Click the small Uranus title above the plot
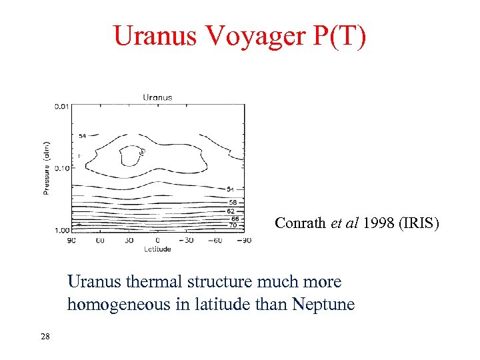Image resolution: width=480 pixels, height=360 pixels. (x=157, y=97)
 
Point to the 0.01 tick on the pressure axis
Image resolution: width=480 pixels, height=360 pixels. (x=62, y=105)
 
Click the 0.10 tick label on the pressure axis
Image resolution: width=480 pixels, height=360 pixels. (x=62, y=167)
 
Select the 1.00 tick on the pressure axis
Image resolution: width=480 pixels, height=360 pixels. (x=62, y=230)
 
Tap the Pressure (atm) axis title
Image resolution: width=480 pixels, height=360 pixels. (x=47, y=167)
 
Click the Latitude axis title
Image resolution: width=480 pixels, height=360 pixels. (x=157, y=249)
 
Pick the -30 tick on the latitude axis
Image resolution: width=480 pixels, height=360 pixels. (x=187, y=240)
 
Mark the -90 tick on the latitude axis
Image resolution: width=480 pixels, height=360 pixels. (x=244, y=240)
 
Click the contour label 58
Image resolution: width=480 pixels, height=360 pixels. (x=231, y=201)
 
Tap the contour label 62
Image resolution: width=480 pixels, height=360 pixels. (x=231, y=211)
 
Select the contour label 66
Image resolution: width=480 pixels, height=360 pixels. (x=235, y=219)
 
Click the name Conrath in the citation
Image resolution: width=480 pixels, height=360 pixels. (x=301, y=223)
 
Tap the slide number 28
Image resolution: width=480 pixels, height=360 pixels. (x=45, y=336)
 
